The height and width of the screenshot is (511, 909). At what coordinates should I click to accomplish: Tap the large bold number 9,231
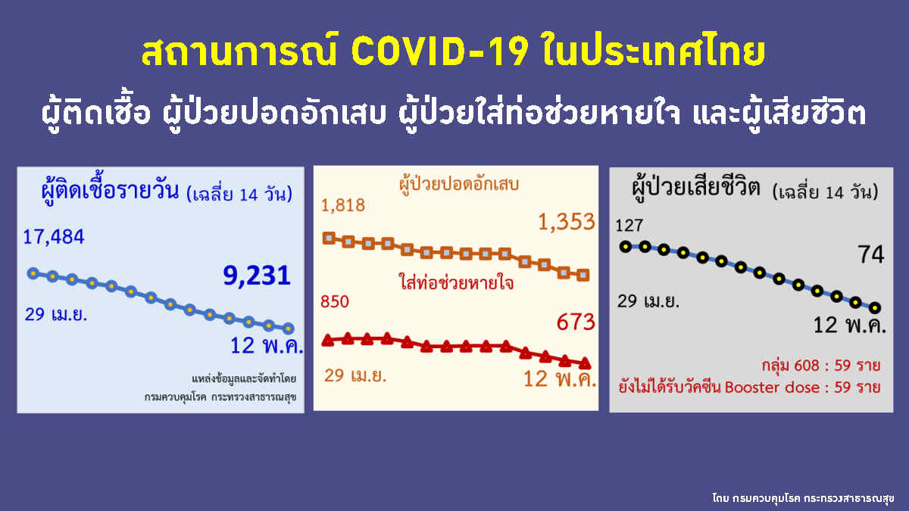click(x=257, y=275)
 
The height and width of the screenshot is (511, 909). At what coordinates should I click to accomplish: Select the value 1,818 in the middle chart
click(x=343, y=205)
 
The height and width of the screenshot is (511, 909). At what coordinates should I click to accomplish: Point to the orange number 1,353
click(x=566, y=222)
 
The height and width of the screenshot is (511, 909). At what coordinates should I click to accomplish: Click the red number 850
click(x=335, y=302)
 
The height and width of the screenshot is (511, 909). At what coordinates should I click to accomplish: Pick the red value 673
click(x=576, y=323)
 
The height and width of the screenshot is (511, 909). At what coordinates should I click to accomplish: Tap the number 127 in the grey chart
click(x=629, y=225)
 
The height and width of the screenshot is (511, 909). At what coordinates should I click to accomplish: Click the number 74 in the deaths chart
click(x=871, y=255)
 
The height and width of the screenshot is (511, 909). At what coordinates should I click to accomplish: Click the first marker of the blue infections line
click(x=33, y=273)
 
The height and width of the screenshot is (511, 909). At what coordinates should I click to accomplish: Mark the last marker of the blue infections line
click(x=288, y=329)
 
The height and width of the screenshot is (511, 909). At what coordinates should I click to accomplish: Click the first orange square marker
click(x=329, y=238)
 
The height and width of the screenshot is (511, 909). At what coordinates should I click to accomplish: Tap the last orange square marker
click(x=583, y=275)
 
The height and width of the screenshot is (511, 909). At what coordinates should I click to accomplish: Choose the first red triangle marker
click(x=328, y=340)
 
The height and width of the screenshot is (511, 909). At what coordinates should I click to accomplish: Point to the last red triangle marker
click(x=584, y=363)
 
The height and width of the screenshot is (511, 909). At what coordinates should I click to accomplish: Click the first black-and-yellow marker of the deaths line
click(x=625, y=246)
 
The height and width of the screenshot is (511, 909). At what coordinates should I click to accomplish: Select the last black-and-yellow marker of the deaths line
click(x=876, y=307)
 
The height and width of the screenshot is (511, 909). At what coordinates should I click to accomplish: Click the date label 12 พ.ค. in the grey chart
click(x=849, y=327)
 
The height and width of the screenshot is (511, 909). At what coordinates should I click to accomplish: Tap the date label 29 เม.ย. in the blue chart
click(x=55, y=314)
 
